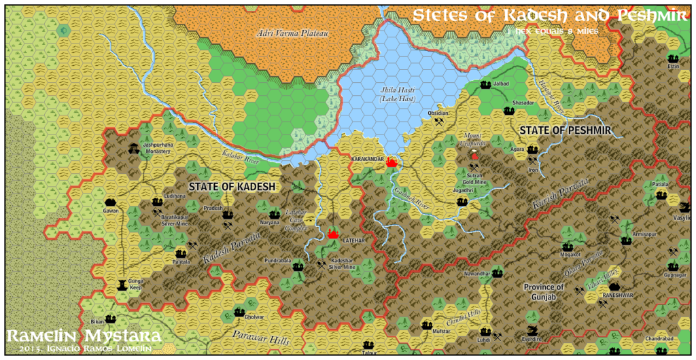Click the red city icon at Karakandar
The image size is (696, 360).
391,163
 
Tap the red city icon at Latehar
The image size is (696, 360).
333,234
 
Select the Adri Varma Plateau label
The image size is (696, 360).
282,32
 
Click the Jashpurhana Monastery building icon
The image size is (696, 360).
132,147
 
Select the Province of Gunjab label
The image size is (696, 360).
544,292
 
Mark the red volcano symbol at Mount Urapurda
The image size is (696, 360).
474,156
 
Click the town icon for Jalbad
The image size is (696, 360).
485,85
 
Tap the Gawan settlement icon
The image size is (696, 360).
111,202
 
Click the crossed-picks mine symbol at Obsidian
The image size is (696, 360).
439,122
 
